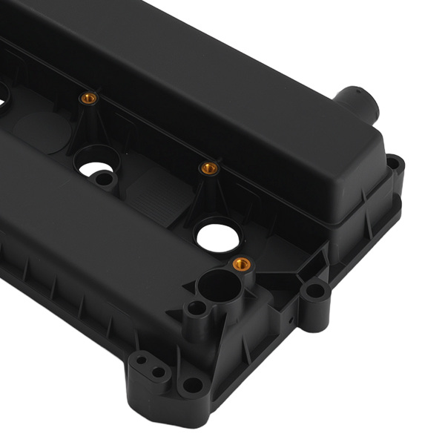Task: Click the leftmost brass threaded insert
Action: point(88,99)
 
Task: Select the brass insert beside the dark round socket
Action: point(240,263)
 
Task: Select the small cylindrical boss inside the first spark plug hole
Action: point(105,179)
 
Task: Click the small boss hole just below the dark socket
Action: point(196,308)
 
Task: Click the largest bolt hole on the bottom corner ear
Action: point(192,384)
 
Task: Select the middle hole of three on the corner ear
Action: point(158,372)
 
